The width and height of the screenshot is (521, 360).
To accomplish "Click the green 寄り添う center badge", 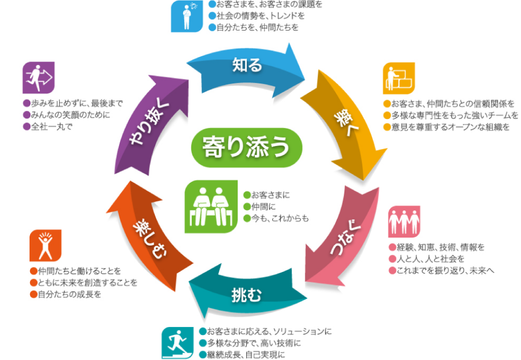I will (246, 147).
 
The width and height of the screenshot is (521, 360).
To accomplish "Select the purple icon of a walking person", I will (39, 77).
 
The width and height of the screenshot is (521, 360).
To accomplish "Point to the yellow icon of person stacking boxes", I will (399, 78).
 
